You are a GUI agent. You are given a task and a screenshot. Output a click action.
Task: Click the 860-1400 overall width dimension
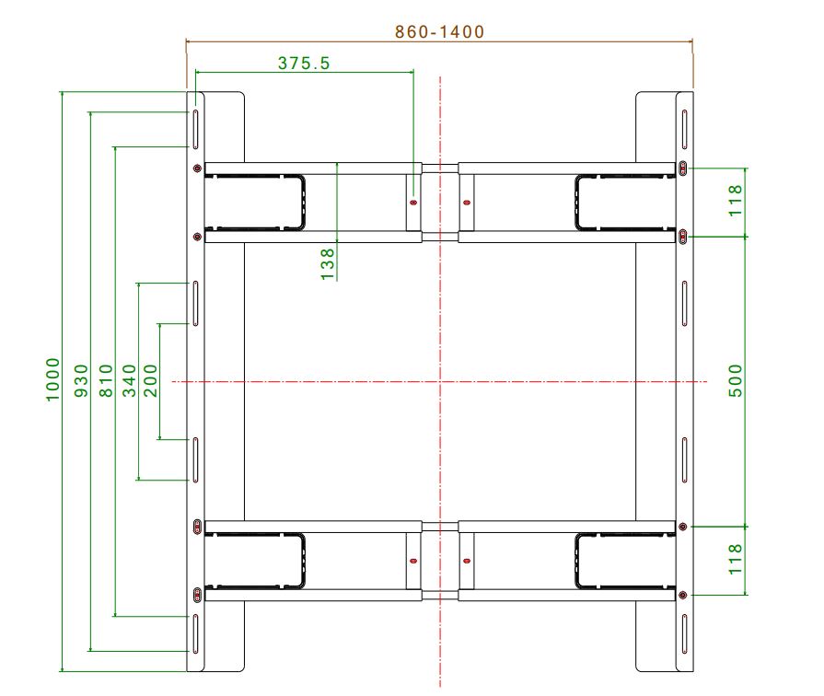point(439,32)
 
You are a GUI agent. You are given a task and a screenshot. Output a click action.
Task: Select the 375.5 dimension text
point(304,64)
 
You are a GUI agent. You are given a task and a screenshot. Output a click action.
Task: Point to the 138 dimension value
point(328,264)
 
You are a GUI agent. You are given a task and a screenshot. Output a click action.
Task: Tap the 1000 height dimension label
point(53,379)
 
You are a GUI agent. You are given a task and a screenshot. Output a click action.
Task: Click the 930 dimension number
point(81,380)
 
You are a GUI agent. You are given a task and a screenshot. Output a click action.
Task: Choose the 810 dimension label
point(106,380)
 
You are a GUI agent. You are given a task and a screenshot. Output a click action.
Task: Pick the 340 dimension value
point(129,380)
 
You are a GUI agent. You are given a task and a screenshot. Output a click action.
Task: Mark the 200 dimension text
point(151,380)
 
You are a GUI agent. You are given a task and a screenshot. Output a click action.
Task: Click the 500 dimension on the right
point(736,380)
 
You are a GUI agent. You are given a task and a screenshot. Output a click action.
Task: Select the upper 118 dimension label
point(736,201)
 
